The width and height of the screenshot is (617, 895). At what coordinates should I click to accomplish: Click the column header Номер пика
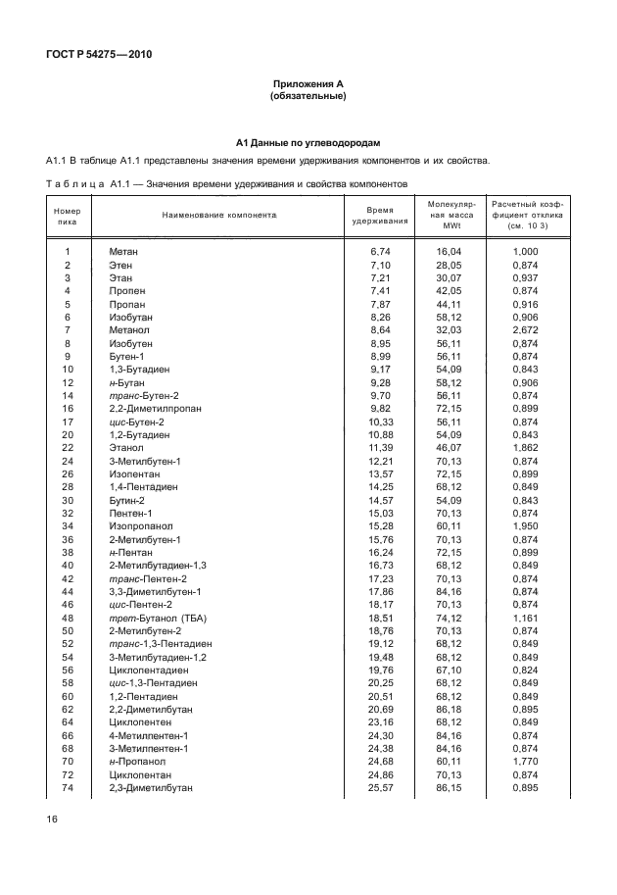click(x=68, y=215)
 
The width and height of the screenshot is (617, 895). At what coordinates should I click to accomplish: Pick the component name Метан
click(x=123, y=252)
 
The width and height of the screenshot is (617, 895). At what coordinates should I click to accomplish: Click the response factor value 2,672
click(x=525, y=330)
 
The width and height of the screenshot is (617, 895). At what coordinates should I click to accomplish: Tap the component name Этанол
click(x=125, y=447)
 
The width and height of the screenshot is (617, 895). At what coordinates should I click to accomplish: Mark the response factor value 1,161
click(x=525, y=619)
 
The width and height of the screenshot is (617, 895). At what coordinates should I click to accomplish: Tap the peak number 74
click(x=68, y=788)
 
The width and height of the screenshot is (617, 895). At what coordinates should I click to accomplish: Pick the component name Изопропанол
click(x=138, y=526)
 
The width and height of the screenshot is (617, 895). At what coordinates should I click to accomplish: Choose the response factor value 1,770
click(x=525, y=762)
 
